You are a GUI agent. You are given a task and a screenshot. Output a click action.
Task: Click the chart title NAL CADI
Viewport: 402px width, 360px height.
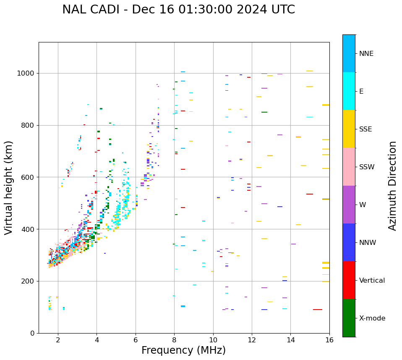click(178, 10)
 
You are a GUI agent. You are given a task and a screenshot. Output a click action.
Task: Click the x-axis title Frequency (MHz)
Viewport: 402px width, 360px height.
click(183, 350)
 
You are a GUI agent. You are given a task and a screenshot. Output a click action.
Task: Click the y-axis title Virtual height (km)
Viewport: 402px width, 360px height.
click(9, 187)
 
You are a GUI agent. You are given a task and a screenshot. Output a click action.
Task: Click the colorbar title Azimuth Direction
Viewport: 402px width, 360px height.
click(392, 186)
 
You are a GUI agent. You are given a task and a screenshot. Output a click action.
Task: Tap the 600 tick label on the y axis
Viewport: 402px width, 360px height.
click(30, 177)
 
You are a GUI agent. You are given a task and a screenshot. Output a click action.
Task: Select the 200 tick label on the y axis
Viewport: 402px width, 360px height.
click(30, 281)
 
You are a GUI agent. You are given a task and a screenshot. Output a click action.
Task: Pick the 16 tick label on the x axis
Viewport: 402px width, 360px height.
click(329, 340)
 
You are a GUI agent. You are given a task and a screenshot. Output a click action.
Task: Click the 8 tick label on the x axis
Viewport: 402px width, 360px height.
click(174, 340)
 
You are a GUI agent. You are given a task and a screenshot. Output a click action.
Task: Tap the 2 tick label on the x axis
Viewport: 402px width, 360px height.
click(58, 340)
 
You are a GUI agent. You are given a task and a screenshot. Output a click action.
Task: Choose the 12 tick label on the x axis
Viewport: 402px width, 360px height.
click(252, 340)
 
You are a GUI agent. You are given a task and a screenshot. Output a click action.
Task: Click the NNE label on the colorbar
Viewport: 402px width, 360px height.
click(366, 54)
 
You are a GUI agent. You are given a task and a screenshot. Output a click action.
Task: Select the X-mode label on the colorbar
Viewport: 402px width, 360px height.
click(372, 318)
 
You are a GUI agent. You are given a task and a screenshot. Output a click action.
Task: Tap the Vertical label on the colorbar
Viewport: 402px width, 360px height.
click(372, 281)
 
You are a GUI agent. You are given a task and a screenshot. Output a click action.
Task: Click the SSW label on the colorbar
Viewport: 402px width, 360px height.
click(367, 167)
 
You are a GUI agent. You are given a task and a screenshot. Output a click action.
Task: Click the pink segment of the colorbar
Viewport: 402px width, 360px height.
click(349, 167)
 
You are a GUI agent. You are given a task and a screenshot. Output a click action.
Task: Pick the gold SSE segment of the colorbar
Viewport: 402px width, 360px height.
click(349, 129)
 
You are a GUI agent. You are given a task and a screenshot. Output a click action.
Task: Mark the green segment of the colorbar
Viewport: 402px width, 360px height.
click(349, 318)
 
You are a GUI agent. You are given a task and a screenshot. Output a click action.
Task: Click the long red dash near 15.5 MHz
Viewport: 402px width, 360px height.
click(318, 310)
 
